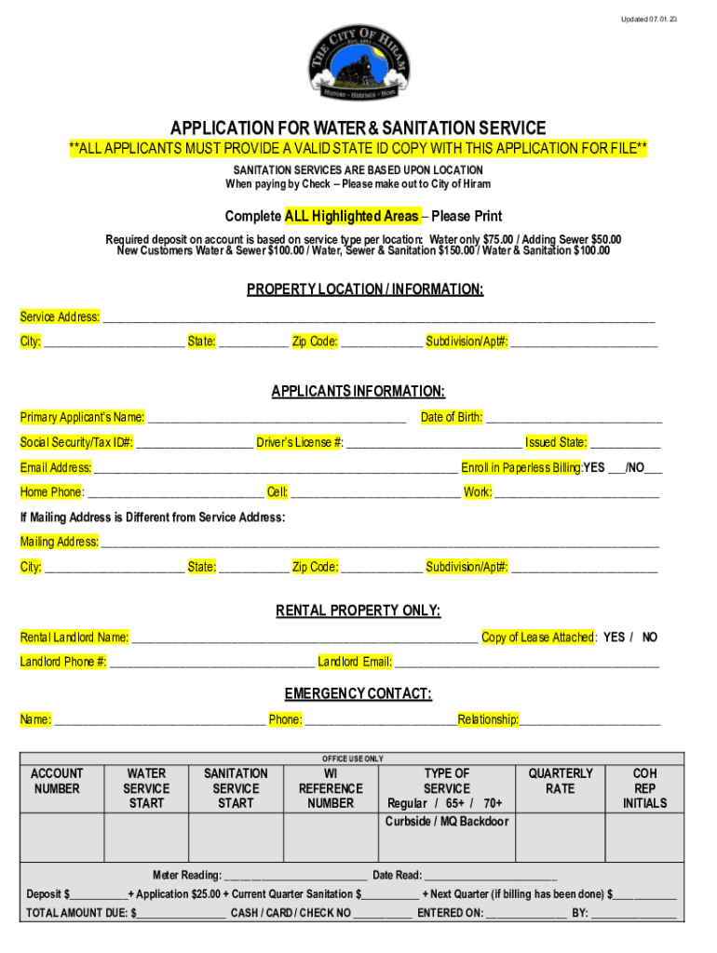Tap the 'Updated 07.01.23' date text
pos(644,19)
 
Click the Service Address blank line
pos(378,318)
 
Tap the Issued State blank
pos(625,443)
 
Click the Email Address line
pos(276,468)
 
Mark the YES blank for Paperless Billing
pos(616,468)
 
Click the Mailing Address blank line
pos(380,543)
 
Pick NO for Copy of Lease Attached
pos(649,638)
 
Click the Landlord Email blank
pos(527,663)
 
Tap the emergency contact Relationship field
pos(590,720)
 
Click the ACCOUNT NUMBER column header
pos(57,781)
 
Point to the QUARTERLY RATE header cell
pos(561,781)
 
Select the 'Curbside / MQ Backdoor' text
pos(447,822)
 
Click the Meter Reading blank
pos(295,876)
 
